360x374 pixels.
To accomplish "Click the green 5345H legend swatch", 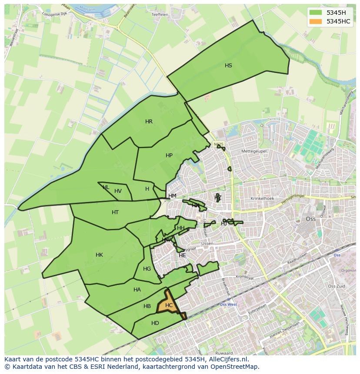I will [x=316, y=13].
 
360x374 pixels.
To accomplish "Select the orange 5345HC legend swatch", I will [x=316, y=21].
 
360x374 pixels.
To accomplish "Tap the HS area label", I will [x=228, y=66].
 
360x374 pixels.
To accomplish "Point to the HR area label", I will [x=149, y=122].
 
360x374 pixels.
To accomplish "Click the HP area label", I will [x=169, y=156].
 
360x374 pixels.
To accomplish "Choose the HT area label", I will [x=115, y=212].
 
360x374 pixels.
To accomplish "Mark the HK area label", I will [x=99, y=255].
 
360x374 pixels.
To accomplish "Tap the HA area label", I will [x=137, y=290].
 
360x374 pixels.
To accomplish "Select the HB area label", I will [x=147, y=306].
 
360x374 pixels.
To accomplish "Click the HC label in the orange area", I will [x=169, y=305].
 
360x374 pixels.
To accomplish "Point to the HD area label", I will [x=155, y=323].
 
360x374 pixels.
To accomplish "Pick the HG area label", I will [x=147, y=269].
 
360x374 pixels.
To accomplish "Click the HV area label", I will [x=118, y=191].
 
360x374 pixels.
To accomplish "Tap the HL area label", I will [x=106, y=187].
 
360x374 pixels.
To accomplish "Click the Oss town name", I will [x=311, y=219].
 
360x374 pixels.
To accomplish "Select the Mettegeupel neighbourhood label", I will [x=254, y=151].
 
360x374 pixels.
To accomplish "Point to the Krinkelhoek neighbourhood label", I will [x=262, y=199].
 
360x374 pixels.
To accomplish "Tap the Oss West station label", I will [x=228, y=304].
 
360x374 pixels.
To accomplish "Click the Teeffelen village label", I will [x=160, y=14].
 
